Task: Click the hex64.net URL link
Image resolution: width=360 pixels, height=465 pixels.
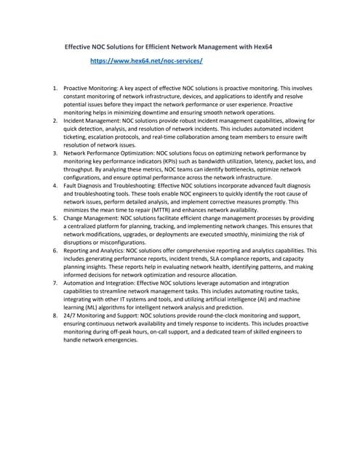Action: click(x=146, y=62)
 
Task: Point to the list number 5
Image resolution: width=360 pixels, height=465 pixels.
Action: click(x=56, y=218)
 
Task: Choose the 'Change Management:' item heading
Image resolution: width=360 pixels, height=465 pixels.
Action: click(x=91, y=218)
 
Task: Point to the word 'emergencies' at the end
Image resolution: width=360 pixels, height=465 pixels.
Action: click(x=118, y=341)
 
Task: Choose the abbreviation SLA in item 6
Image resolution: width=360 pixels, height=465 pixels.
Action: click(x=226, y=259)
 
